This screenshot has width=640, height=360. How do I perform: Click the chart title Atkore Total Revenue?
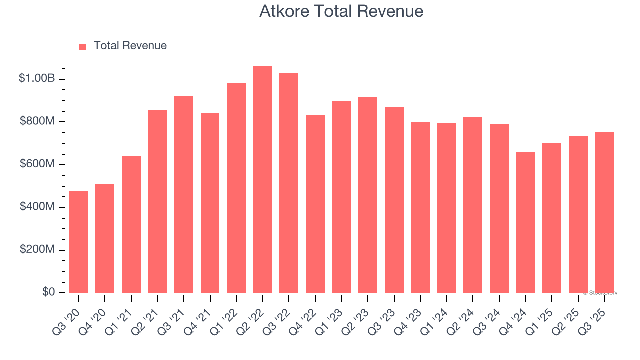point(341,11)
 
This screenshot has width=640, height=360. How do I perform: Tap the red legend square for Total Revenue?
point(83,47)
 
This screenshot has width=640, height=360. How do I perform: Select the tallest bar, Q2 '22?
point(263,180)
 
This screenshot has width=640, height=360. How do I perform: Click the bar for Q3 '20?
point(79,242)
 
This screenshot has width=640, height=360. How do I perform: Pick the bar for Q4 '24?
point(525,222)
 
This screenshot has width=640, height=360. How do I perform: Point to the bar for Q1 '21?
point(131,225)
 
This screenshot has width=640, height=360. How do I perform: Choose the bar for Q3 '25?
point(604,213)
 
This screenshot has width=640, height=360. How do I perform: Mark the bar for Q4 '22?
point(315,204)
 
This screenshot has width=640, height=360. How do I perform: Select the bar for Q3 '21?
point(184,194)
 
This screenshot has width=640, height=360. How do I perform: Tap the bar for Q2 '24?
point(473,205)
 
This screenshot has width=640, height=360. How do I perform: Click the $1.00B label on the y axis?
point(37,79)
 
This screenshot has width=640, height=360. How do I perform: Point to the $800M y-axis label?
point(38,122)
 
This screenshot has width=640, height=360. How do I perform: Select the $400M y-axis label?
point(38,207)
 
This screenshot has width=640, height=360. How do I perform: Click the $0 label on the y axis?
point(48,292)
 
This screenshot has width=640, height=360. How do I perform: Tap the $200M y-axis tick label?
point(38,249)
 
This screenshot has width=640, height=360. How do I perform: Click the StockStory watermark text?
point(600,293)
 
